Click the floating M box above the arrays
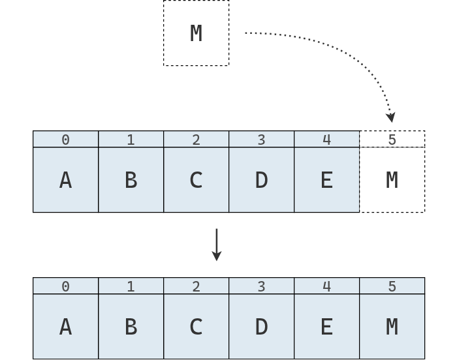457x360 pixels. pyautogui.click(x=196, y=33)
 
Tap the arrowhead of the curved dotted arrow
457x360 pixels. pyautogui.click(x=390, y=117)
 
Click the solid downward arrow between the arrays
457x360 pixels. pyautogui.click(x=217, y=245)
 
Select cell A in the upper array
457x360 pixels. pyautogui.click(x=65, y=180)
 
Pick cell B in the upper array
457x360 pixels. pyautogui.click(x=131, y=180)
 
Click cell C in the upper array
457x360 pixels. pyautogui.click(x=196, y=180)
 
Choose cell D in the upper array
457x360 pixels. pyautogui.click(x=261, y=180)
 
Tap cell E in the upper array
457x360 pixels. pyautogui.click(x=326, y=180)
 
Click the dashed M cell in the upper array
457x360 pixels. pyautogui.click(x=392, y=180)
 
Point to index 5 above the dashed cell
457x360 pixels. pyautogui.click(x=392, y=140)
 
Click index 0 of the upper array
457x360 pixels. pyautogui.click(x=65, y=140)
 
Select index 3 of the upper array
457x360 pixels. pyautogui.click(x=261, y=140)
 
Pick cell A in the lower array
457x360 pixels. pyautogui.click(x=65, y=327)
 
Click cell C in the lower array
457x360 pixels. pyautogui.click(x=196, y=327)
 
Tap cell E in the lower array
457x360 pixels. pyautogui.click(x=326, y=327)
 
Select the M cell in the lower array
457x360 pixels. pyautogui.click(x=392, y=327)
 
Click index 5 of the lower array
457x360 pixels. pyautogui.click(x=392, y=286)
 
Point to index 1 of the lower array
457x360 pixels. pyautogui.click(x=131, y=286)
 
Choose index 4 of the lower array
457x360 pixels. pyautogui.click(x=326, y=286)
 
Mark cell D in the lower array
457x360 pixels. pyautogui.click(x=261, y=327)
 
